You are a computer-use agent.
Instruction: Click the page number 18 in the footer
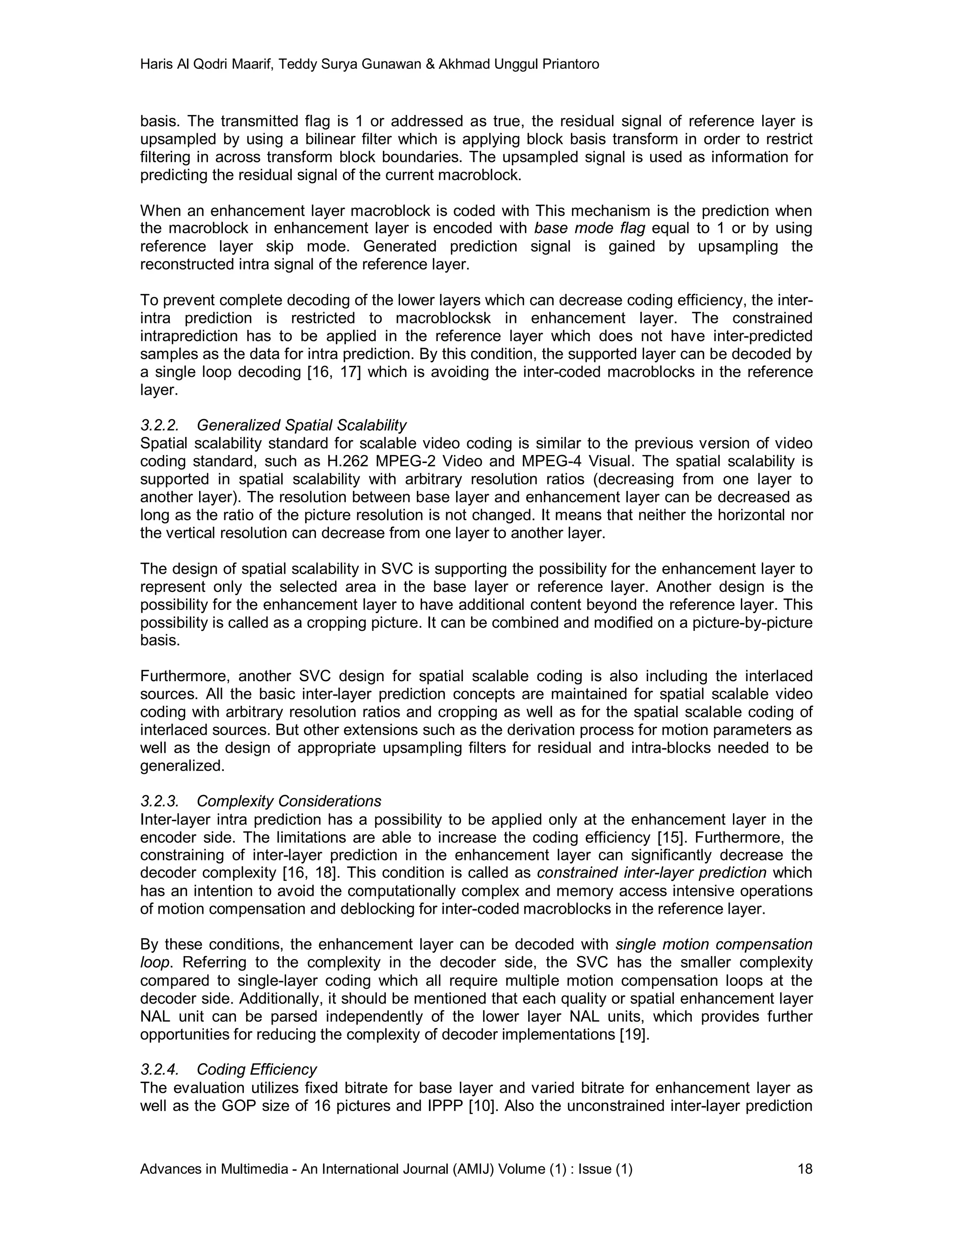tap(805, 1169)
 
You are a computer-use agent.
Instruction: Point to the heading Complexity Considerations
tap(289, 801)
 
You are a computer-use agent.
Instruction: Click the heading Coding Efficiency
tap(257, 1069)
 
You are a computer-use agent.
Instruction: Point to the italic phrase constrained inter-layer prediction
tap(651, 873)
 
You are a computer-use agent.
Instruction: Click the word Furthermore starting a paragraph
tap(185, 676)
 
